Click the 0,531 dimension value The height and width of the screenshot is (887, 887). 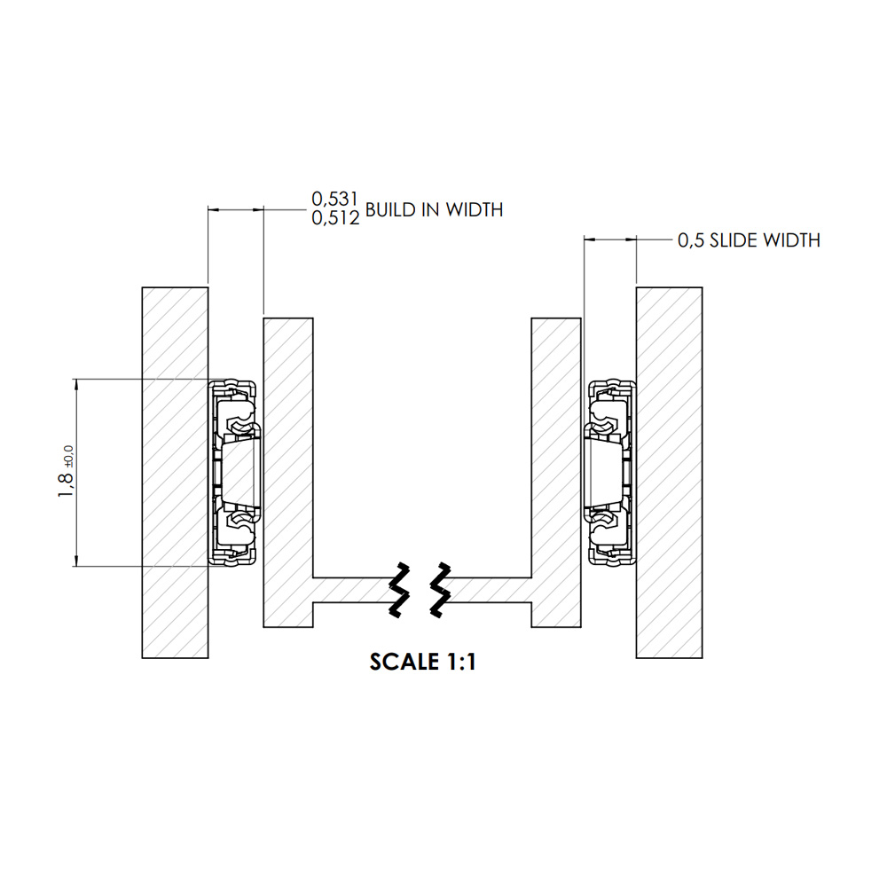pyautogui.click(x=335, y=199)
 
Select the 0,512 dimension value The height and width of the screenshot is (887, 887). pyautogui.click(x=335, y=218)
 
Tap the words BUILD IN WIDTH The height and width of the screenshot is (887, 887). pyautogui.click(x=434, y=210)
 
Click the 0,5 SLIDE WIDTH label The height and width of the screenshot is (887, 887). pyautogui.click(x=749, y=240)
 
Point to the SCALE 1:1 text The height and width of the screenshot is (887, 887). pyautogui.click(x=423, y=662)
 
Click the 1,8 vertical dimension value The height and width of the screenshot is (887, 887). pyautogui.click(x=67, y=485)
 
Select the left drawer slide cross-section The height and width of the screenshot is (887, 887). pyautogui.click(x=234, y=473)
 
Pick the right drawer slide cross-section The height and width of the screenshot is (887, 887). pyautogui.click(x=610, y=473)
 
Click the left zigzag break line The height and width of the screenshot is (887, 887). pyautogui.click(x=399, y=589)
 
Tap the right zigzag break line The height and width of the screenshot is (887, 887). pyautogui.click(x=440, y=589)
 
